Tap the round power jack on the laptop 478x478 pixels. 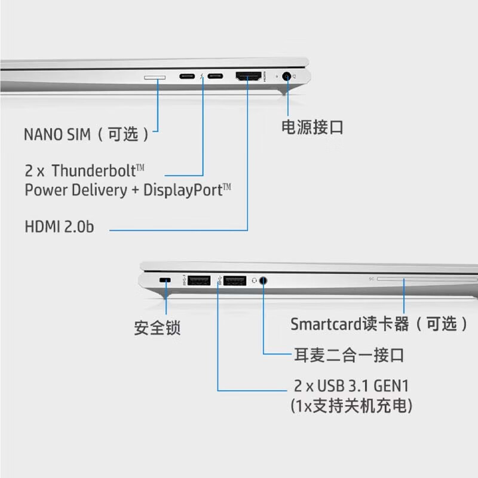pyautogui.click(x=289, y=77)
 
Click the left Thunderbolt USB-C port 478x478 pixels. pyautogui.click(x=187, y=77)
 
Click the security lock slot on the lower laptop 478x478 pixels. pyautogui.click(x=166, y=280)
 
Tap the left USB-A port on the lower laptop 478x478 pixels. pyautogui.click(x=198, y=280)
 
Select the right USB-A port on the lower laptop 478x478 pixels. pyautogui.click(x=235, y=280)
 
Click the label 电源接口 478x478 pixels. pyautogui.click(x=312, y=127)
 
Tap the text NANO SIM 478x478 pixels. pyautogui.click(x=57, y=133)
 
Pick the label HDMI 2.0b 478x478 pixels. pyautogui.click(x=59, y=227)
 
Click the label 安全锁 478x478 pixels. pyautogui.click(x=157, y=327)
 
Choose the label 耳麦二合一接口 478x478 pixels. pyautogui.click(x=349, y=355)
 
